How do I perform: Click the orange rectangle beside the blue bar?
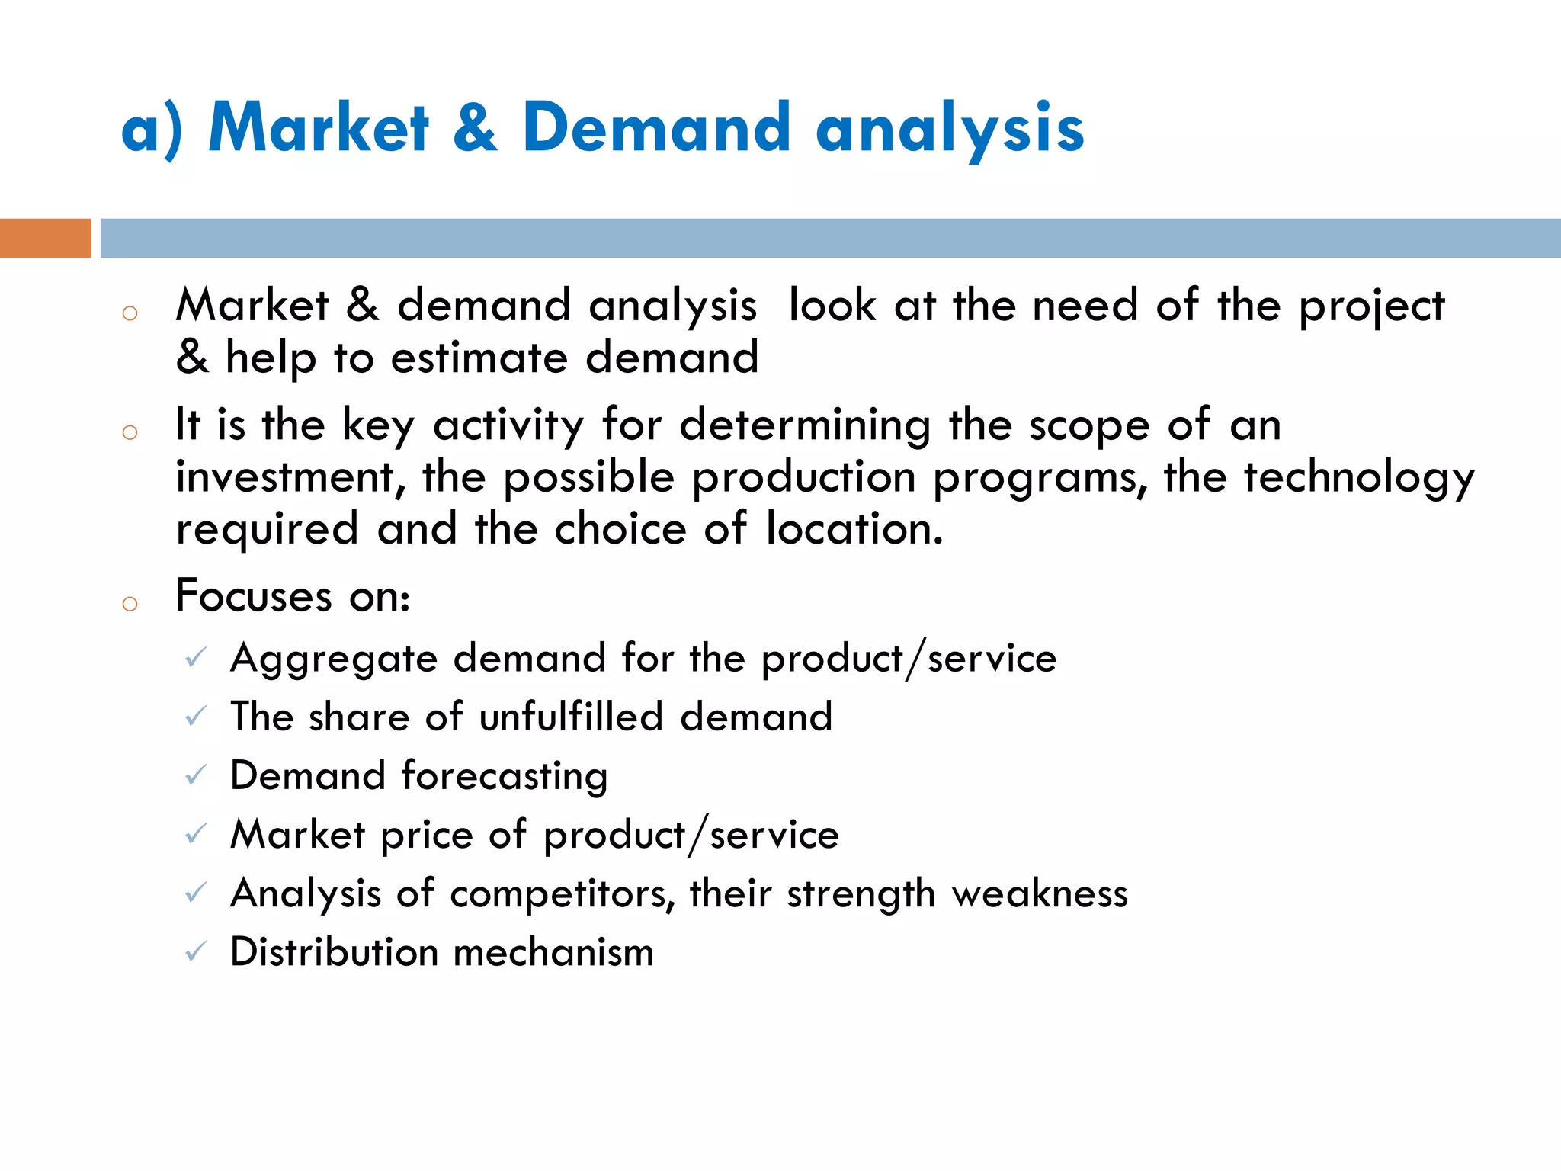click(45, 238)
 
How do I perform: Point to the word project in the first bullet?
click(1371, 307)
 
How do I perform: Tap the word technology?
click(1359, 479)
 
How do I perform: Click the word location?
click(854, 528)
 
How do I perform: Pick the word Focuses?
click(254, 595)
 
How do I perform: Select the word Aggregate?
click(334, 659)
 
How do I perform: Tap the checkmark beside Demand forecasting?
click(196, 775)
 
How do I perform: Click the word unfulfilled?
click(571, 717)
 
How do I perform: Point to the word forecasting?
click(505, 776)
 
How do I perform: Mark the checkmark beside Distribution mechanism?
click(196, 951)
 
